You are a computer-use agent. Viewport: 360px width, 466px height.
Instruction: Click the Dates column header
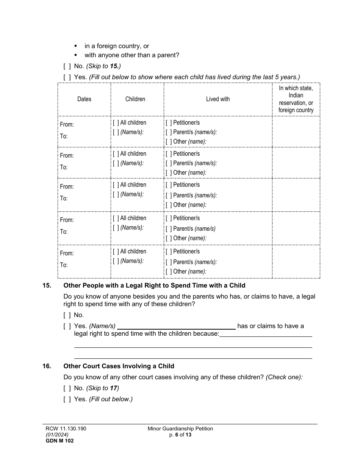tap(84, 99)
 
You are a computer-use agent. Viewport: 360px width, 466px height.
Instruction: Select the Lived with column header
tap(218, 99)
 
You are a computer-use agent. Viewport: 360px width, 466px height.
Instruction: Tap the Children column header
tap(135, 99)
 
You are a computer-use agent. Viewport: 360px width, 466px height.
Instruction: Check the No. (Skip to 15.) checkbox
tap(67, 66)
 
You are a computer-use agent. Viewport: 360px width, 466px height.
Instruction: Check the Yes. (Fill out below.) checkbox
tap(67, 399)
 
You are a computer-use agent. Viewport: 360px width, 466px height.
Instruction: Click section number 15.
tap(47, 286)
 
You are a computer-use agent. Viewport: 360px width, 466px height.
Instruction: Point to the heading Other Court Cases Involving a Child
tap(119, 366)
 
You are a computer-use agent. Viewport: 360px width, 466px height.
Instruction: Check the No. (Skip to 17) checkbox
tap(67, 388)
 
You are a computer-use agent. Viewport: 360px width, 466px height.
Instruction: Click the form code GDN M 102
tap(58, 441)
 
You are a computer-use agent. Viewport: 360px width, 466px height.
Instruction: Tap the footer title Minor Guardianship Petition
tap(180, 429)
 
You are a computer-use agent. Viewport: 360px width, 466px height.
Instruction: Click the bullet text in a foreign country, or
tap(117, 46)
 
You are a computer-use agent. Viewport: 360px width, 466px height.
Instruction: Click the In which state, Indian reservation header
tap(296, 99)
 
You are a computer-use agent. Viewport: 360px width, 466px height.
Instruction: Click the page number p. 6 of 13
tap(180, 435)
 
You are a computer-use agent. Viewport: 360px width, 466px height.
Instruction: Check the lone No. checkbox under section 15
tap(67, 315)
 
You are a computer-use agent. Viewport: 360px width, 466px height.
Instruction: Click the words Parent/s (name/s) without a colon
tap(194, 229)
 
